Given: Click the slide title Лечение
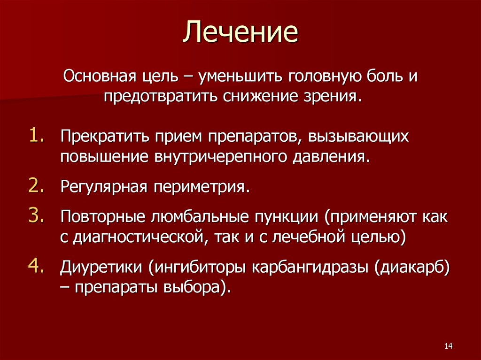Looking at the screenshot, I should point(240,32).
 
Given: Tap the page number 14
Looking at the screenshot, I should point(447,346).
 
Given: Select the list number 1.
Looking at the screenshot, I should point(38,135).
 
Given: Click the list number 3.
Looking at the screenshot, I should point(38,216).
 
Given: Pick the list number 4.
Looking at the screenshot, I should point(38,266).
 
